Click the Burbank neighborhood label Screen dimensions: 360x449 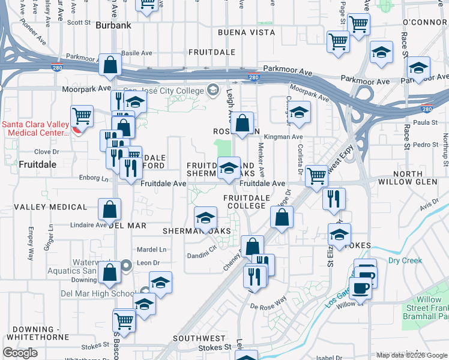point(113,25)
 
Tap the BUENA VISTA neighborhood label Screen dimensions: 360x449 point(241,32)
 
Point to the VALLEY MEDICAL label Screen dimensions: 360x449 point(50,207)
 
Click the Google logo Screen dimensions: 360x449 point(20,353)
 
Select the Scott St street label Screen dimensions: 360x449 point(78,22)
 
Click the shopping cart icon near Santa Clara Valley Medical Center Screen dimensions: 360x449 point(82,116)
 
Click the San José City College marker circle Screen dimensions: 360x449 point(212,90)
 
